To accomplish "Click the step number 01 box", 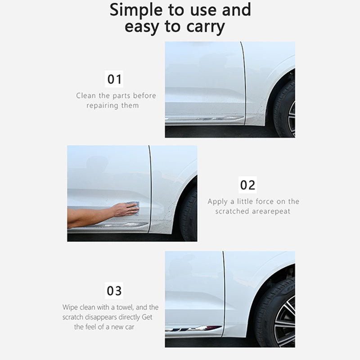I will pos(114,79).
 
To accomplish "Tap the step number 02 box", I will pos(247,184).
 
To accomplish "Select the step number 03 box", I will pos(114,290).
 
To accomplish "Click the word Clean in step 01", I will pos(85,95).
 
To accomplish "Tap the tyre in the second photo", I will pos(189,216).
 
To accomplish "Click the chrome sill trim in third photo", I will pos(193,329).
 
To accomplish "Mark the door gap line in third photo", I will pos(224,292).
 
